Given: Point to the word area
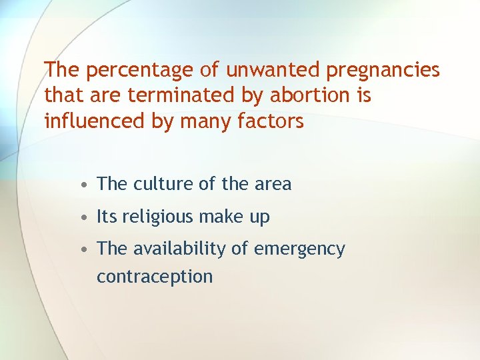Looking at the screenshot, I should [x=273, y=185].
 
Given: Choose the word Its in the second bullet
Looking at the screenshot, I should [x=107, y=217].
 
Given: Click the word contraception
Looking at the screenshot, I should [x=155, y=277].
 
